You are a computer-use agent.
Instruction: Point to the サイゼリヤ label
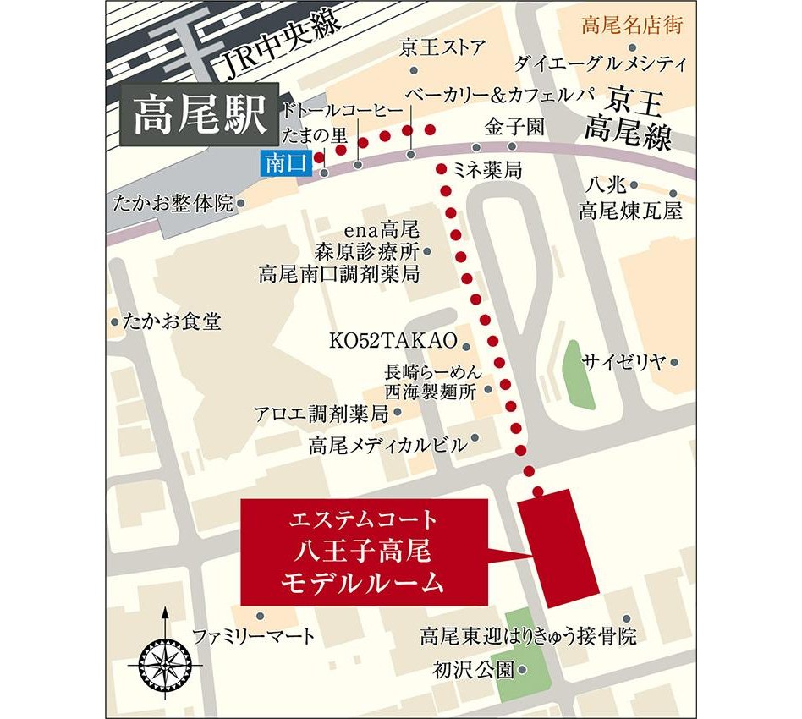(624, 363)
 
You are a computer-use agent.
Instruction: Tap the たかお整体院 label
(176, 203)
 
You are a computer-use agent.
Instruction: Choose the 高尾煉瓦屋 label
(630, 211)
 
